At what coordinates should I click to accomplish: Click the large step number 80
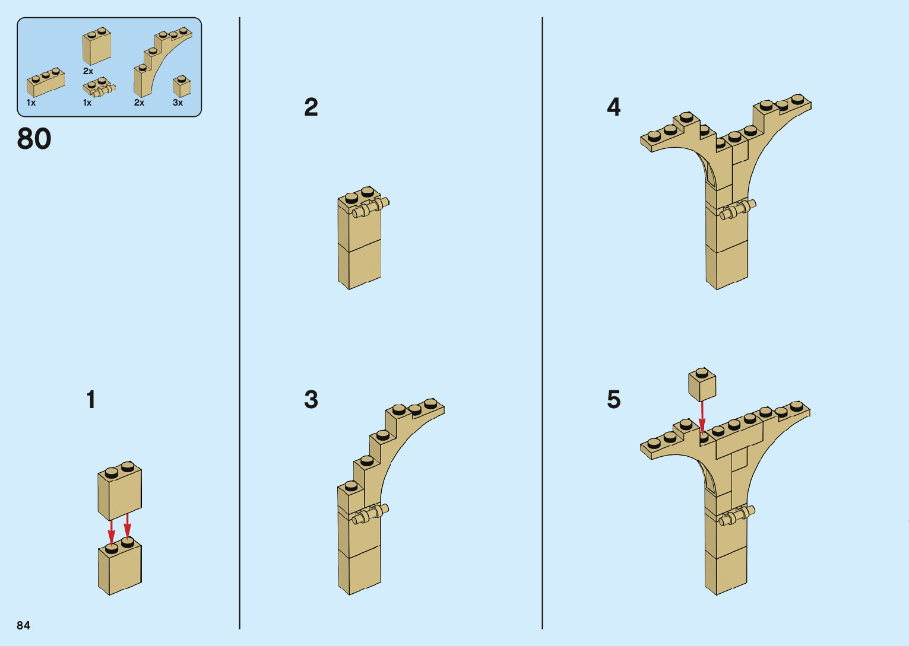pos(34,139)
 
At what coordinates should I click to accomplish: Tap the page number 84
pos(23,625)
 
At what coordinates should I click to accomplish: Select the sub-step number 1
pos(91,399)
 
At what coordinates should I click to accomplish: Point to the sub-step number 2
pos(311,107)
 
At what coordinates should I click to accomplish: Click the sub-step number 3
pos(311,399)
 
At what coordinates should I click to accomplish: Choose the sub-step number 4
pos(613,107)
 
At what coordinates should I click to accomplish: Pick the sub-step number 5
pos(613,399)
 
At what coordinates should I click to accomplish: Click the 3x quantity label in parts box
pos(178,103)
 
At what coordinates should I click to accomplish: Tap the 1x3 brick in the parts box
pos(45,82)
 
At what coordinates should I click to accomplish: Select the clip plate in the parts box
pos(99,88)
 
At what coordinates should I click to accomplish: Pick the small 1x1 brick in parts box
pos(182,87)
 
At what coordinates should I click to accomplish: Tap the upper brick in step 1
pos(120,491)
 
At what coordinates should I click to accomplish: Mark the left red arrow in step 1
pos(112,532)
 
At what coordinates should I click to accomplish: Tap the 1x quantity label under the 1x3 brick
pos(31,103)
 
